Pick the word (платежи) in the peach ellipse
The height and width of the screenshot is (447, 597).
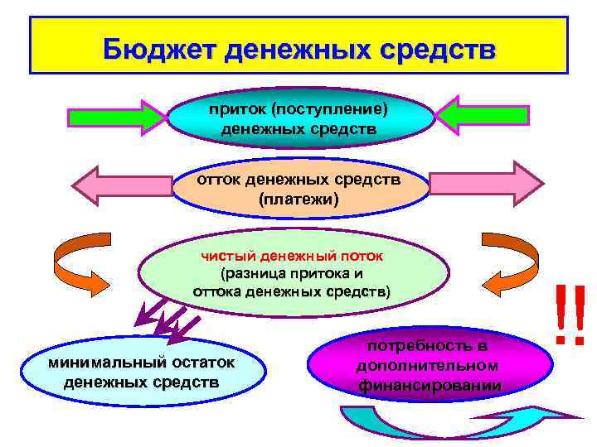click(299, 199)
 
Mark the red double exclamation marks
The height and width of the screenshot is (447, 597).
click(570, 315)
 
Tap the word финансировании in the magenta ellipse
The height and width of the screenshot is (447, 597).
click(430, 385)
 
